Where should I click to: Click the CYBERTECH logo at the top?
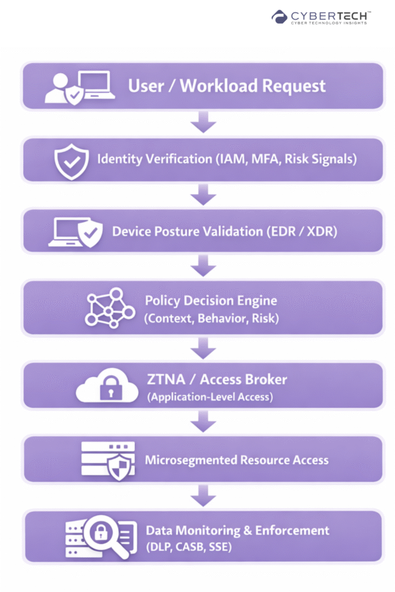click(x=321, y=17)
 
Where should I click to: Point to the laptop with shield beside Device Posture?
click(x=75, y=232)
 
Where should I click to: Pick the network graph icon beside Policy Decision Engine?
click(x=108, y=307)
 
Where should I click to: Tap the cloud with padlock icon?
click(x=107, y=388)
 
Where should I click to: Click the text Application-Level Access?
click(x=211, y=397)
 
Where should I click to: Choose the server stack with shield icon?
click(x=110, y=461)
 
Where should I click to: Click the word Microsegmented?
click(x=189, y=461)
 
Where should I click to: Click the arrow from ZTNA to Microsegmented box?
click(x=204, y=422)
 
